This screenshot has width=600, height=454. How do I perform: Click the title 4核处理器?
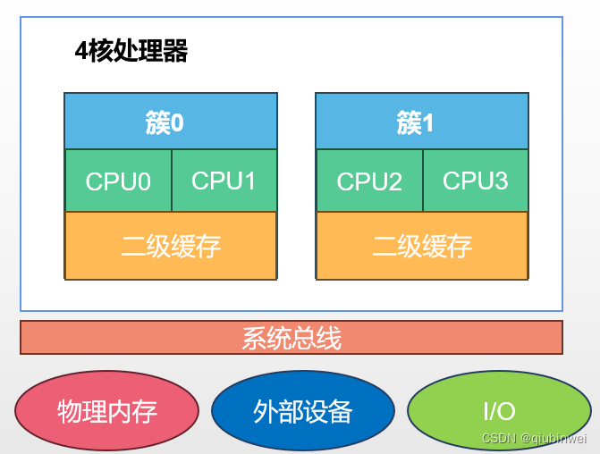coord(131,52)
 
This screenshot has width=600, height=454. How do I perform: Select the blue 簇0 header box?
coord(170,122)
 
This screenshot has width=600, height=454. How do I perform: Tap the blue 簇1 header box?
coord(421,122)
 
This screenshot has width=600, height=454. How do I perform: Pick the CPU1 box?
coord(224,181)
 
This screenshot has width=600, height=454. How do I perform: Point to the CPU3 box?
coord(475,181)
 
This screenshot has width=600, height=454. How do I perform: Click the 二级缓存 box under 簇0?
coord(170,246)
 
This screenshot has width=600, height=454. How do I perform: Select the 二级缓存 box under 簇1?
coord(421,246)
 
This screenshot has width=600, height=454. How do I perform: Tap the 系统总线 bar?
coord(292,338)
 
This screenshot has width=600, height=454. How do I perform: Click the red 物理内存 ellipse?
coord(106,410)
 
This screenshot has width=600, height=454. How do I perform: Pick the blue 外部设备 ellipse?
coord(303,410)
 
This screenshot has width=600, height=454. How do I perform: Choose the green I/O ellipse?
coord(499,410)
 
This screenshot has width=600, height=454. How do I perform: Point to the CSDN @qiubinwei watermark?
coord(534,438)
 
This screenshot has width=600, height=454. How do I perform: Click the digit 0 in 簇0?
coord(177,122)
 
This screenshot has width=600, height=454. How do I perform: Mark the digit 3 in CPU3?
coord(501,181)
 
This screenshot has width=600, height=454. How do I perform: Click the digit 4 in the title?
coord(81,52)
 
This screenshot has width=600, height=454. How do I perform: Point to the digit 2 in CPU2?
coord(394,182)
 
